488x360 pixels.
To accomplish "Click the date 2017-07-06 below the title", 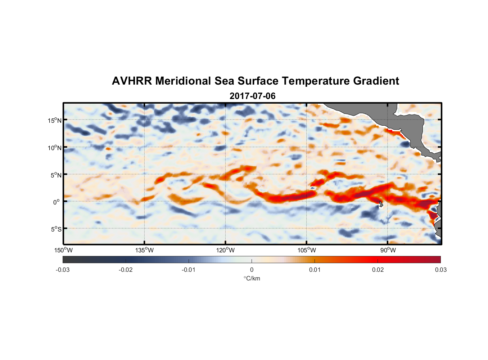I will (x=252, y=96).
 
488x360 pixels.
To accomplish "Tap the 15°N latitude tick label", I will (x=55, y=120).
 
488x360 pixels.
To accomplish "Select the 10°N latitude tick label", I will (x=55, y=148).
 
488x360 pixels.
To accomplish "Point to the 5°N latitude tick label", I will (x=56, y=175).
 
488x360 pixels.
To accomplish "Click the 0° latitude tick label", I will (x=57, y=202).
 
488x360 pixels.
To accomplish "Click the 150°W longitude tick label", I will (x=63, y=250).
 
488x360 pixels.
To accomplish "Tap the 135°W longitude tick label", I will (x=144, y=250).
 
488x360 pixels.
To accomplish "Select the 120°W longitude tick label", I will (x=225, y=250).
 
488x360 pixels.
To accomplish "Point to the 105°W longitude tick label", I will (x=307, y=250).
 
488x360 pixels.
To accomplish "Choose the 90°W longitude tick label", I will (x=388, y=250).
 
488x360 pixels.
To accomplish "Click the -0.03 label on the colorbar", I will (x=63, y=270).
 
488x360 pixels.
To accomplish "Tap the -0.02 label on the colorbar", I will (x=126, y=270).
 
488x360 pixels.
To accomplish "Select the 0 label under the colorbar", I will (x=252, y=270).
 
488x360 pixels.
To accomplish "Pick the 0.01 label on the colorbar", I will (x=315, y=270).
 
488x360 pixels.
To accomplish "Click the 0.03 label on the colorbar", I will (x=440, y=270).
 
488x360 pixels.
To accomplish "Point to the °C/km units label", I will (x=252, y=278).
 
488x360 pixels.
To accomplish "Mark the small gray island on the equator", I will (x=380, y=204).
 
